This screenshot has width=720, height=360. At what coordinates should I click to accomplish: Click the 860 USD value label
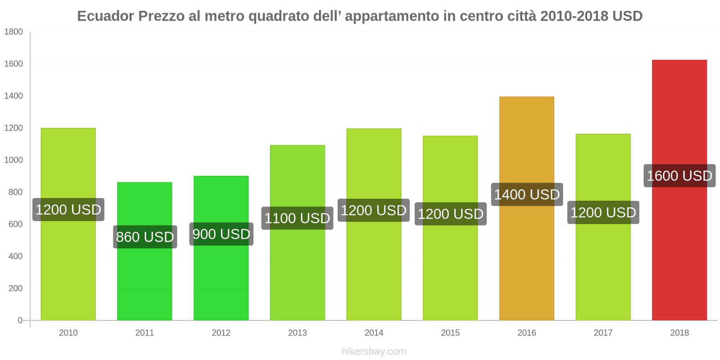tap(145, 237)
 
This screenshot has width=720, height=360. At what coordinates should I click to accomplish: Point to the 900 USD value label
tap(221, 234)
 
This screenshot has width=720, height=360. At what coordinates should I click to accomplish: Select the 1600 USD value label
tap(679, 176)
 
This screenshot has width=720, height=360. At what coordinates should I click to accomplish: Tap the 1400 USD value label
tap(527, 195)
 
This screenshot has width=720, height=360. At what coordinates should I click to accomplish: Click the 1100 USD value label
tap(297, 218)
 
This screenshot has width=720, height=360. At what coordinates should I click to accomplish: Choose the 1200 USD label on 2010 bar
tap(68, 210)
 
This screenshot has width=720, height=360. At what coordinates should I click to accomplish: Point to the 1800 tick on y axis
tap(13, 32)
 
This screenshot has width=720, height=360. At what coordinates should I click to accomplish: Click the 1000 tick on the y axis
tap(13, 160)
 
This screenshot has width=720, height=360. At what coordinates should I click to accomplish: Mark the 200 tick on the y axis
tap(15, 288)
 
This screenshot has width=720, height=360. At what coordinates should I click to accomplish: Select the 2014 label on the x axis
tap(373, 333)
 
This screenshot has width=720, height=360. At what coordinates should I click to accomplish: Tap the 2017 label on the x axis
tap(603, 333)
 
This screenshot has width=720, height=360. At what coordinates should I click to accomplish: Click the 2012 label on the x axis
tap(221, 333)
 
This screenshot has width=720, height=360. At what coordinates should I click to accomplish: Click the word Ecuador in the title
tap(105, 16)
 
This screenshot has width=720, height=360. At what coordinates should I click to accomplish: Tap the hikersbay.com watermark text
tap(373, 351)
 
